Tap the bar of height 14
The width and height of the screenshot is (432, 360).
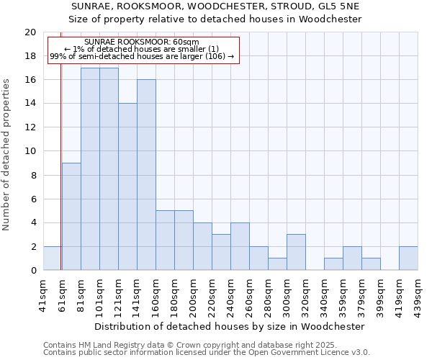tap(127, 186)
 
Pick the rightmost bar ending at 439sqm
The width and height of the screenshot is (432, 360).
tap(408, 258)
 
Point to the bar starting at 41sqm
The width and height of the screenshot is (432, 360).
tap(52, 258)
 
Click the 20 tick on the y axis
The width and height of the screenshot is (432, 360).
tap(30, 32)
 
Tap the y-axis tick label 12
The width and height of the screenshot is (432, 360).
tap(30, 127)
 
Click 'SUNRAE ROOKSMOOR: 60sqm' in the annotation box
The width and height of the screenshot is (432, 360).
tap(141, 42)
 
